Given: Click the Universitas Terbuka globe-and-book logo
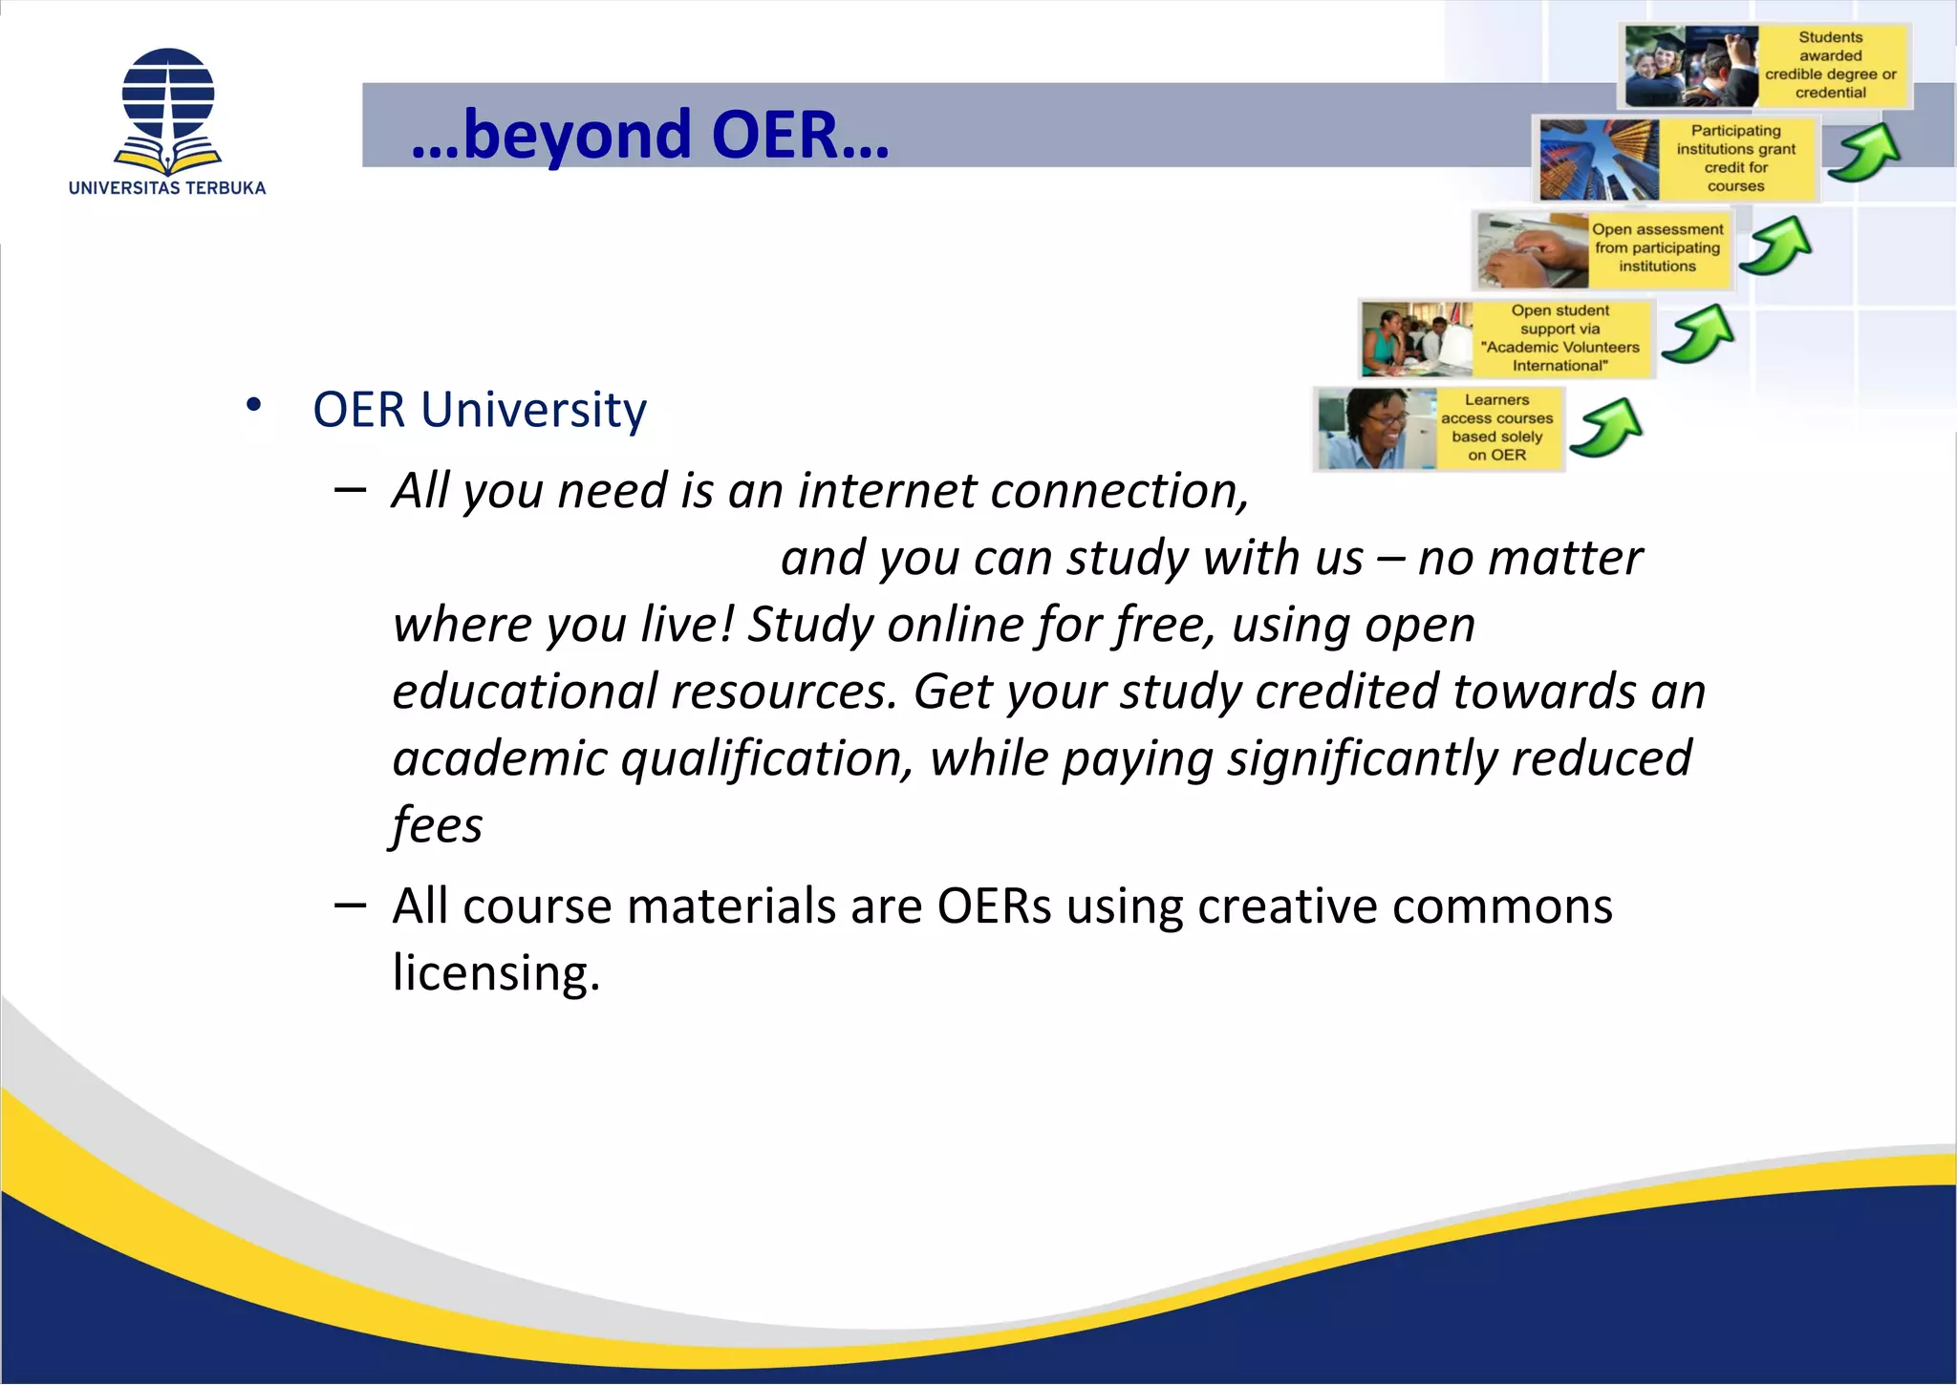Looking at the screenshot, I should [x=168, y=111].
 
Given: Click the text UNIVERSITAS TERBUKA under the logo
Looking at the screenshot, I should [x=167, y=188].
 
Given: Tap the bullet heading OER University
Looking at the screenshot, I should [x=479, y=410].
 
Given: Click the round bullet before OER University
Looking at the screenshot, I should [x=253, y=405].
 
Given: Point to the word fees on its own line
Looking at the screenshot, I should [x=438, y=824].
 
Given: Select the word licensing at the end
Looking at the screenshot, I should [x=495, y=972].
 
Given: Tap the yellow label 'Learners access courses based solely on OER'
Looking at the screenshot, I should [x=1497, y=428].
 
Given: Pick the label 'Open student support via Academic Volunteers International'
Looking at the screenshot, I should [x=1560, y=338].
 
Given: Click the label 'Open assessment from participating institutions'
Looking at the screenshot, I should [x=1658, y=248].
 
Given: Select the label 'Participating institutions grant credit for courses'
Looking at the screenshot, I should [x=1735, y=159].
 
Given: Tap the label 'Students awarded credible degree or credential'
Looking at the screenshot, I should [x=1830, y=65].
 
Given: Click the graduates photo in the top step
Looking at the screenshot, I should [x=1691, y=65].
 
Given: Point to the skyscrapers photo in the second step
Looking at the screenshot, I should [x=1599, y=159].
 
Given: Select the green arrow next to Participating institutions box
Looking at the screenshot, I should [x=1864, y=153].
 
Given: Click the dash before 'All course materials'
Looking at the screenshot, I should [x=351, y=905].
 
